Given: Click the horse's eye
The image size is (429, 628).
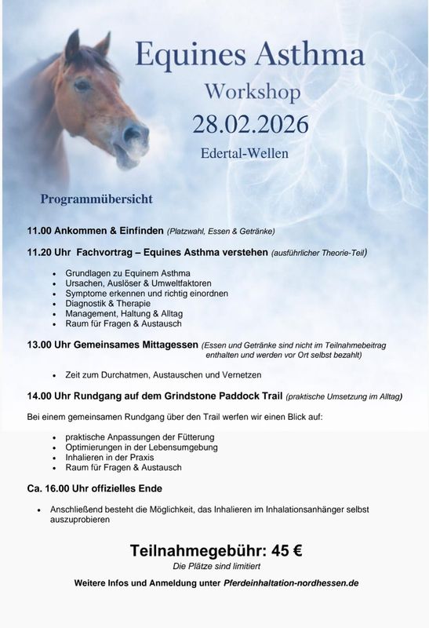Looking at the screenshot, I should click(x=82, y=86).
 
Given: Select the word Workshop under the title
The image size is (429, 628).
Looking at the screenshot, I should click(x=253, y=92).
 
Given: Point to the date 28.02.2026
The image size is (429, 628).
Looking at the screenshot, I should click(x=252, y=125).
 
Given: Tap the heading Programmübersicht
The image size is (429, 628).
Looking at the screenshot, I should click(x=96, y=199).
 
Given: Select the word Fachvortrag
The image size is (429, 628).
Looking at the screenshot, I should click(x=107, y=253).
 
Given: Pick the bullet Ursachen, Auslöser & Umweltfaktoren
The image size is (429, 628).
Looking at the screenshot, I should click(x=127, y=283).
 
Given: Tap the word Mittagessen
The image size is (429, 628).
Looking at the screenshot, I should click(x=165, y=345).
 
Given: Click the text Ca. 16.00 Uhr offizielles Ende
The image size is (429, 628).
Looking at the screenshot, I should click(x=95, y=488).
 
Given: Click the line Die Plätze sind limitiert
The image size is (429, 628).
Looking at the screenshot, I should click(x=216, y=566).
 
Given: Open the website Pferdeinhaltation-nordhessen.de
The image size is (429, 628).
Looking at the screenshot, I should click(x=291, y=584).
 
